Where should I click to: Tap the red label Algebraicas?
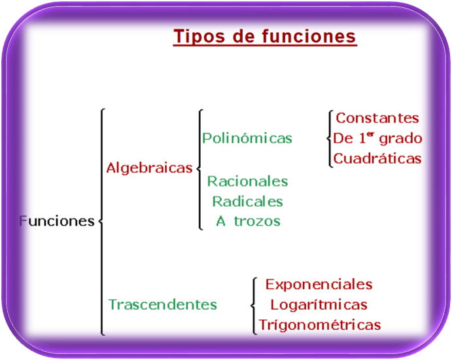149,168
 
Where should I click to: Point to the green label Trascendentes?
162,304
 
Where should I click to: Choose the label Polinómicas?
247,138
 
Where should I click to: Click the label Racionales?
247,181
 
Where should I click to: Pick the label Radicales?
247,201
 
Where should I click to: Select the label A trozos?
248,221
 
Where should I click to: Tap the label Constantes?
377,118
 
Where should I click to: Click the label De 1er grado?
377,138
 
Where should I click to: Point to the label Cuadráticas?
377,158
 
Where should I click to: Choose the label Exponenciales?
319,284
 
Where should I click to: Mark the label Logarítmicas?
319,304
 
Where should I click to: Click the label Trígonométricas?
319,325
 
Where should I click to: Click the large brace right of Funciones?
101,221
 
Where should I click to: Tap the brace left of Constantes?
330,138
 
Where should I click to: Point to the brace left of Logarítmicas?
253,304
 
